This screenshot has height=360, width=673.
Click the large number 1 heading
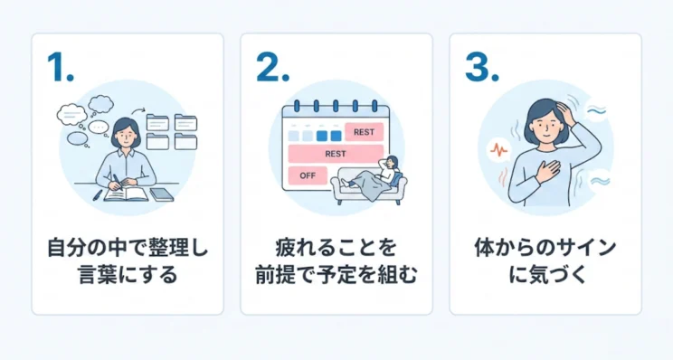click(60, 69)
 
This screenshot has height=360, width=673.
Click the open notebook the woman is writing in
click(125, 193)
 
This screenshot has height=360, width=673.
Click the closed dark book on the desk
click(161, 194)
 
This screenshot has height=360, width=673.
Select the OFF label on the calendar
click(308, 175)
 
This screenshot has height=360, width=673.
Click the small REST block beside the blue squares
click(364, 132)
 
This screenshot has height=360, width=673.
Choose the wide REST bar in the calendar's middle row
click(336, 154)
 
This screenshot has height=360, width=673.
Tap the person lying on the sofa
click(375, 176)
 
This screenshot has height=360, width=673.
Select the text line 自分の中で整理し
click(127, 246)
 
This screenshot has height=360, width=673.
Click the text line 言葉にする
click(127, 275)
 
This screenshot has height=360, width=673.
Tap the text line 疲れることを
click(336, 246)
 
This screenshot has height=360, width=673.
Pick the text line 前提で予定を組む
click(336, 275)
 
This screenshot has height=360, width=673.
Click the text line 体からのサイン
click(545, 246)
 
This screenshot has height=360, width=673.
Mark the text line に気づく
click(545, 275)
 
